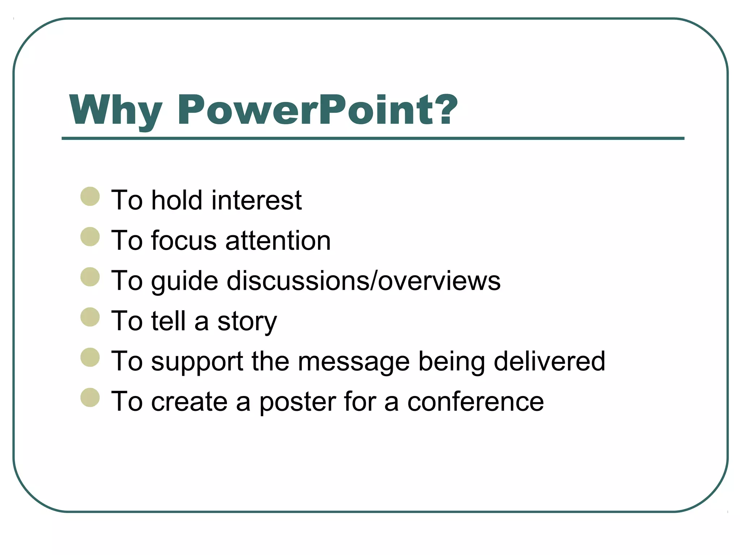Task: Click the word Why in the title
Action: click(x=115, y=110)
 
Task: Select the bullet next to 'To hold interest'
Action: click(x=90, y=197)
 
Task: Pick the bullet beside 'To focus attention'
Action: click(x=90, y=237)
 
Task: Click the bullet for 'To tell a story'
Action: click(x=90, y=317)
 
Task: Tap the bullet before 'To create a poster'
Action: click(x=90, y=398)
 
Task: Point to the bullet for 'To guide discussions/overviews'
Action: click(x=90, y=277)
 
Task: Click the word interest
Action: click(x=256, y=200)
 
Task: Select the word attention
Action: click(x=278, y=241)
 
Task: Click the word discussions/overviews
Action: click(x=363, y=281)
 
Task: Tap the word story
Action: click(x=247, y=322)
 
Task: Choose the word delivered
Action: click(x=549, y=361)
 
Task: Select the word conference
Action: click(x=475, y=402)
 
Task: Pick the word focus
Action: click(x=184, y=241)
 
